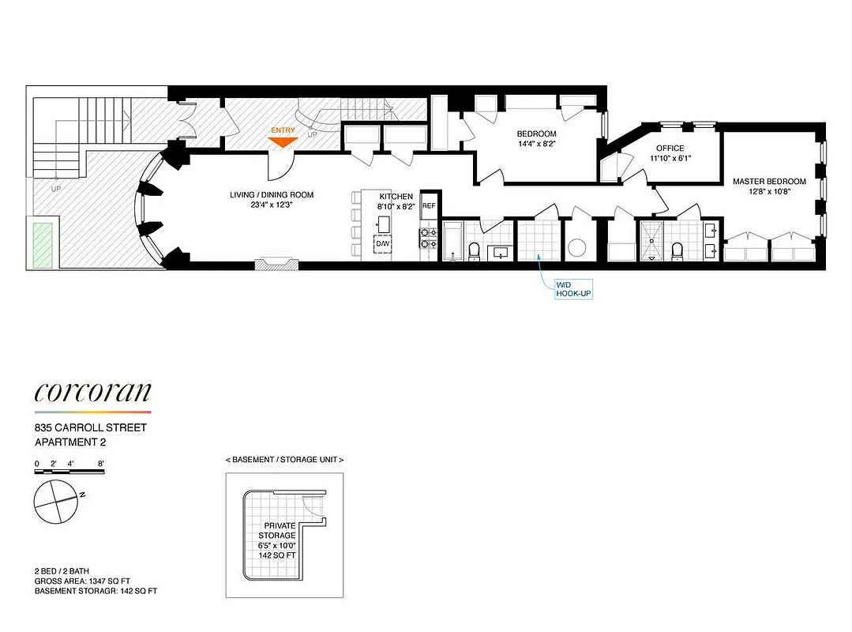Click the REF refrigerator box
click(x=429, y=205)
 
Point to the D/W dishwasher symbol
click(x=382, y=243)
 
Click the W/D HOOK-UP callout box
click(x=572, y=289)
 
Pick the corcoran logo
click(x=92, y=393)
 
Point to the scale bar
click(x=69, y=472)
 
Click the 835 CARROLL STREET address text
click(x=91, y=428)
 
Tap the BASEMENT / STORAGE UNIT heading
click(x=284, y=460)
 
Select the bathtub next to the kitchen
click(x=453, y=243)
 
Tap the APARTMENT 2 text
click(x=69, y=442)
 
